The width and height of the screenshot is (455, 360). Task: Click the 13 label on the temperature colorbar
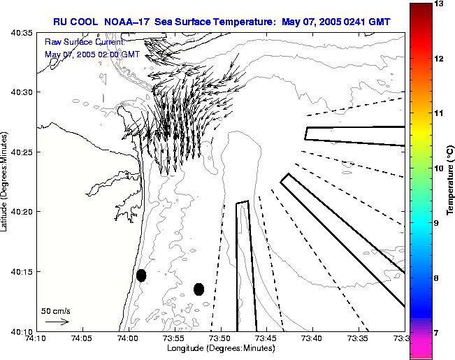[440, 4]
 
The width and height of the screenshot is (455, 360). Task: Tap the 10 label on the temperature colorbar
[440, 168]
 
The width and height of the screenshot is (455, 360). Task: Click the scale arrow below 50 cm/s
[56, 322]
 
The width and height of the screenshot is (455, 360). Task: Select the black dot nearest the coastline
[141, 275]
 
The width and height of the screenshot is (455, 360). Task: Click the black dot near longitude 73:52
[199, 289]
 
